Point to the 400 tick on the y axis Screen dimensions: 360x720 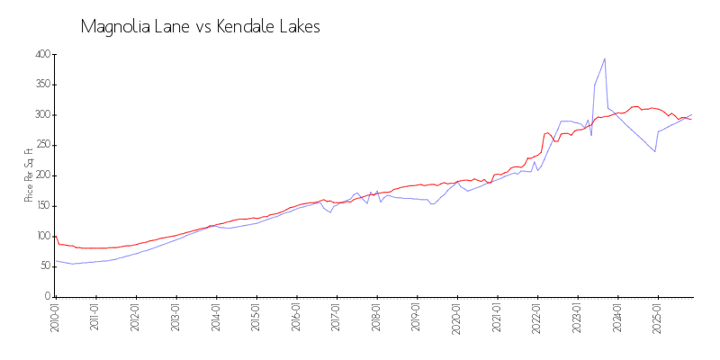41,55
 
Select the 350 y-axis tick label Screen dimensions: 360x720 41,85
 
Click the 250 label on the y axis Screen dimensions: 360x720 41,146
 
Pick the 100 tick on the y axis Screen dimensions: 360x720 41,236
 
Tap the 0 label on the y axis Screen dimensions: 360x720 46,296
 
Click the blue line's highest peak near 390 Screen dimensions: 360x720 605,58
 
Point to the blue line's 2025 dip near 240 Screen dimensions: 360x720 654,151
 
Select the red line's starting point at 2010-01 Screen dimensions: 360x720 55,236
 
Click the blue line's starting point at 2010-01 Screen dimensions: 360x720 55,260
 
